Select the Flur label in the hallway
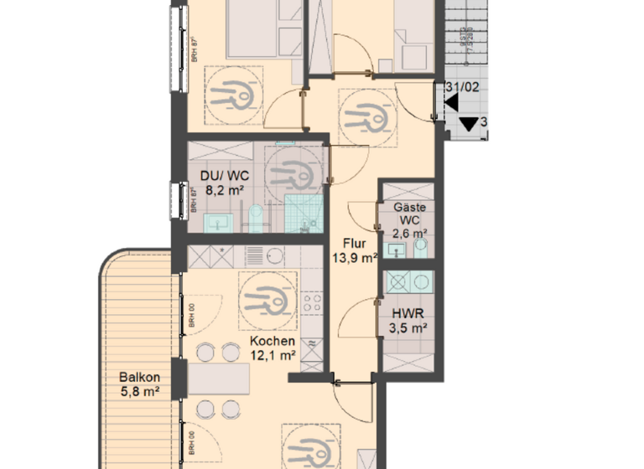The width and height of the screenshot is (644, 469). click(353, 244)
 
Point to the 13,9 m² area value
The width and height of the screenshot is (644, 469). click(353, 257)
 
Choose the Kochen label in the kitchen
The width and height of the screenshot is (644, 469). click(273, 342)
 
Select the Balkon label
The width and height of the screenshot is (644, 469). click(138, 377)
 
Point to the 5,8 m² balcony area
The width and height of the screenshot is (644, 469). click(139, 390)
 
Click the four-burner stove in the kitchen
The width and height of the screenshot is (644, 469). click(313, 304)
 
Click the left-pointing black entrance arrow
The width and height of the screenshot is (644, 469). click(451, 103)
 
